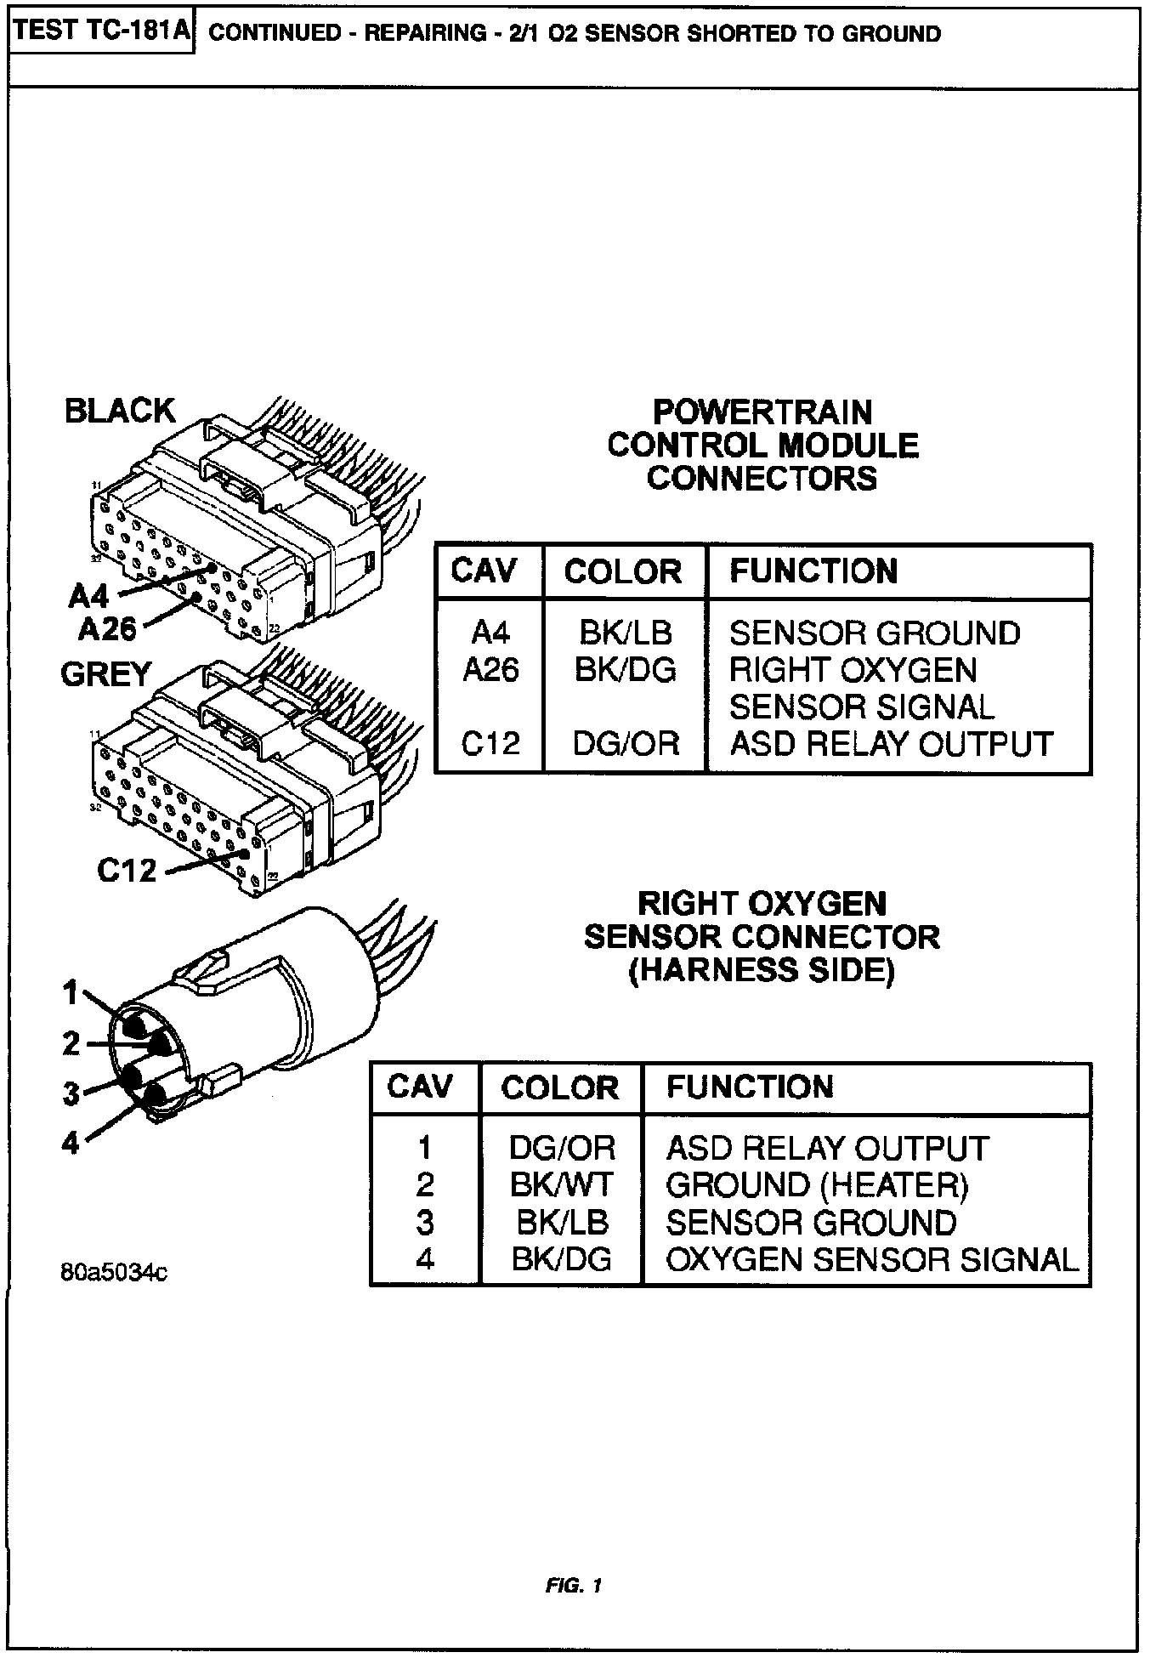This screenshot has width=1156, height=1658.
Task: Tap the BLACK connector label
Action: coord(119,411)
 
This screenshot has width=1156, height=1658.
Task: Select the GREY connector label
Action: coord(105,674)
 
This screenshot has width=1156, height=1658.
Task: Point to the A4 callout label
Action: coord(88,596)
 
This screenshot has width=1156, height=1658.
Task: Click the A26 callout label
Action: coord(107,628)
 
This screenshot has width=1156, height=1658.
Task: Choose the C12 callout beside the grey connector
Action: coord(127,870)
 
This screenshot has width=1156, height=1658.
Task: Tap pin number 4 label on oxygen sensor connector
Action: coord(71,1143)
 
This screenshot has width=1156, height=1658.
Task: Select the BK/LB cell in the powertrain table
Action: coord(625,633)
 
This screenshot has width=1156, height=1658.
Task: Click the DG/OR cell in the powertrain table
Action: coord(625,744)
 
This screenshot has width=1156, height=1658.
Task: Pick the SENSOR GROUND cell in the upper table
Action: coord(875,633)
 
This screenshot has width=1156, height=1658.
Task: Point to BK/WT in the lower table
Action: coord(561,1184)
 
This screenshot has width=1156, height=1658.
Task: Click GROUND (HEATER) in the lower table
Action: coord(817,1184)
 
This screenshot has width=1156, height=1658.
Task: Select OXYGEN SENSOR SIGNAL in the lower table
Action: coord(871,1259)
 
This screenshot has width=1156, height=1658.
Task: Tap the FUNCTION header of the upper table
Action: coord(813,571)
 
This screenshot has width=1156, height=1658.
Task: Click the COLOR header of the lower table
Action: coord(559,1088)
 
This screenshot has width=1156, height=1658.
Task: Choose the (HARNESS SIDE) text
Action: coord(762,970)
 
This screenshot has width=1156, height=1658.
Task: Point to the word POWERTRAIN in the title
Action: coord(762,412)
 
